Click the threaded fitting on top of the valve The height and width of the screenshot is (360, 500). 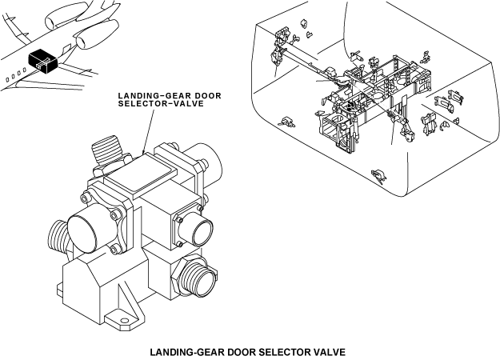106,151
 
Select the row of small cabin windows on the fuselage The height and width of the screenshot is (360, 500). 14,76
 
